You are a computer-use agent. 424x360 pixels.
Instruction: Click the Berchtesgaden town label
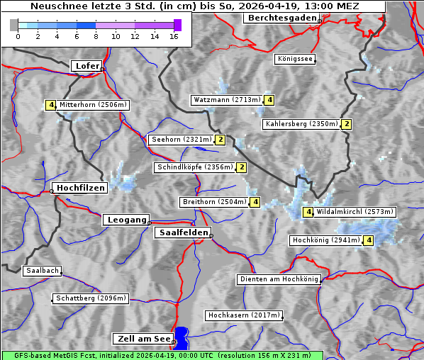point(281,18)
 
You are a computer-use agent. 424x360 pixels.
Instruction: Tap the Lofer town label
point(87,66)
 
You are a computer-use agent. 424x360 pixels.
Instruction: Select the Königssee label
point(295,60)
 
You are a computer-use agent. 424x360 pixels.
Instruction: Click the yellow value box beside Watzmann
point(269,100)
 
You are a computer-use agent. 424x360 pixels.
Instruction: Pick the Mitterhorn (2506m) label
point(93,105)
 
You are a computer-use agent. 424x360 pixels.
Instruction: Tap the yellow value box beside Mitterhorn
point(50,105)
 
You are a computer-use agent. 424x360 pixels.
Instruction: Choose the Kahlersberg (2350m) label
point(301,124)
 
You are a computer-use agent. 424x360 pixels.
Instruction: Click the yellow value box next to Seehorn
point(221,140)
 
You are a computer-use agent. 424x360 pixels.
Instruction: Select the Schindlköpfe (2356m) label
point(194,167)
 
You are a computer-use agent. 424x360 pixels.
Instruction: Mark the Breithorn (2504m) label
point(214,202)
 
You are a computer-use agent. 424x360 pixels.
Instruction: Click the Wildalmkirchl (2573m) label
point(355,212)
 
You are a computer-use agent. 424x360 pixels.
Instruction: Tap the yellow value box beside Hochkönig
point(369,240)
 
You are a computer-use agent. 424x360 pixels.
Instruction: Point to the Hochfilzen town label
point(80,188)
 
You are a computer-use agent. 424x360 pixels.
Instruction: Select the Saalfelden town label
point(182,232)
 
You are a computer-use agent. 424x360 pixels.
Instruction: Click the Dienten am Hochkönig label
point(279,280)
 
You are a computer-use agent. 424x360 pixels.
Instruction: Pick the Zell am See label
point(143,339)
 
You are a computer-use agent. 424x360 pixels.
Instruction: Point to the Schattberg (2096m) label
point(91,298)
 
